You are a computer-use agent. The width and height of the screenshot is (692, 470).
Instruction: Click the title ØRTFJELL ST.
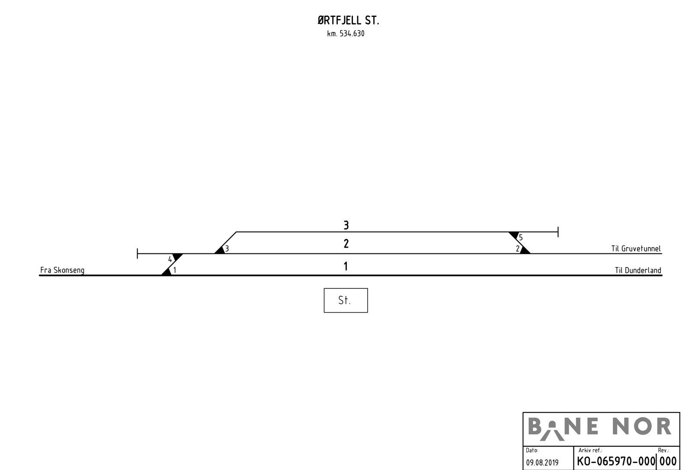(x=348, y=21)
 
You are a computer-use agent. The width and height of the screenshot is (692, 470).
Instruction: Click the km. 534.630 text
(x=346, y=34)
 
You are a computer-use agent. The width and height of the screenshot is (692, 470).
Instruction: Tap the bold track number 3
(x=346, y=225)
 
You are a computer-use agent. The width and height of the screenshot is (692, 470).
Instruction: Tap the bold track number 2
(x=346, y=244)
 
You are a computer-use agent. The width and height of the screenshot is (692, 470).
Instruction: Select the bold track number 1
(x=346, y=266)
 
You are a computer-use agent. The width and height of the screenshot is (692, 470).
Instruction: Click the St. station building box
(x=346, y=300)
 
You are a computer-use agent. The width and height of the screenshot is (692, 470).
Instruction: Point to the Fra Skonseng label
(x=62, y=270)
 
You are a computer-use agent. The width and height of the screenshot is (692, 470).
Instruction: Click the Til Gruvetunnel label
(x=636, y=249)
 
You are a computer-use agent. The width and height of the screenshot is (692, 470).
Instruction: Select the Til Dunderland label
(x=638, y=270)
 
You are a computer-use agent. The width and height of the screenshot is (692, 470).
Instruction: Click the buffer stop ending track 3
(x=558, y=232)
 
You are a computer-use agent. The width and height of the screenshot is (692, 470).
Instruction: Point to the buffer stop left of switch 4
(x=138, y=253)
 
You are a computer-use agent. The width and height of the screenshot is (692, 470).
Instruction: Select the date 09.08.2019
(x=542, y=463)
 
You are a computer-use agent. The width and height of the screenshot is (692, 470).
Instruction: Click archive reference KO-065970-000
(x=616, y=461)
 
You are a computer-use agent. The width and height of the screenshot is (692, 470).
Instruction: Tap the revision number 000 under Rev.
(x=668, y=461)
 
